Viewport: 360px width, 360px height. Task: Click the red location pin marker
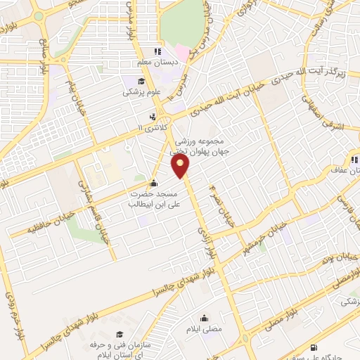point(181,167)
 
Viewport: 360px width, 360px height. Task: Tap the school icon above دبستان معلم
point(158,51)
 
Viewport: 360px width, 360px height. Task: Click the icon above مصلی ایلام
point(204,317)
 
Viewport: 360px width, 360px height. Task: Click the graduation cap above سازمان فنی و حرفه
point(118,334)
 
